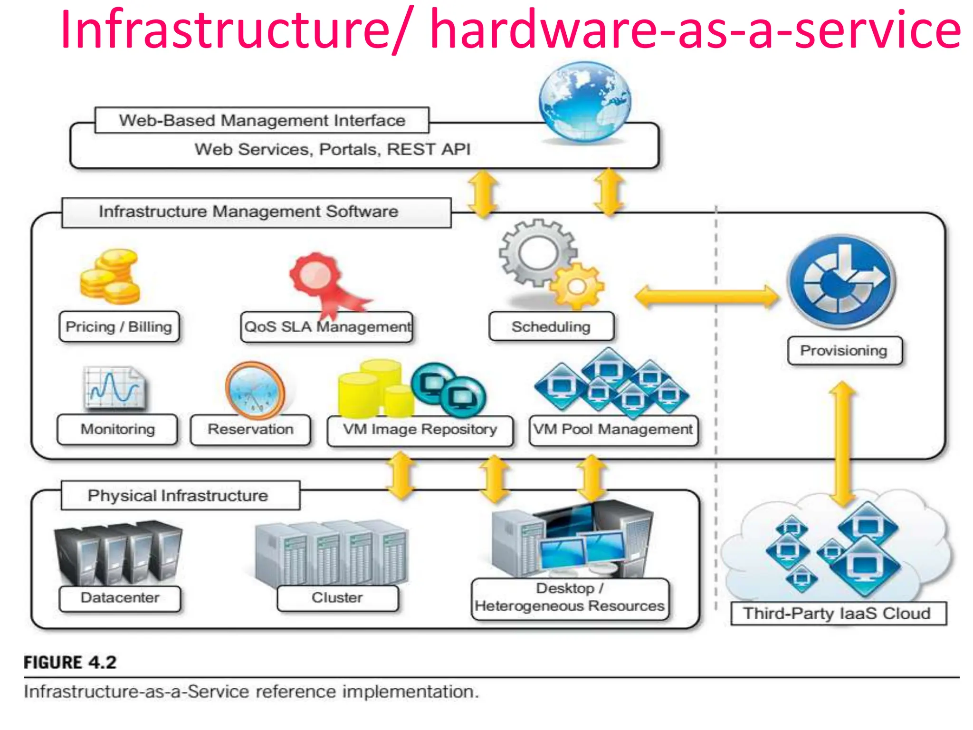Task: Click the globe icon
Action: (585, 102)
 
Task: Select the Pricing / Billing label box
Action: (119, 327)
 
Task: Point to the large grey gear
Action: (537, 252)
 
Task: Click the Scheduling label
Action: (551, 327)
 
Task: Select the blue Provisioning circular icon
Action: (841, 282)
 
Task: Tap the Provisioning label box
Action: (844, 351)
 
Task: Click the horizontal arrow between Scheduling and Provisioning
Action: (707, 297)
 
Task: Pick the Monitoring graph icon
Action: (114, 388)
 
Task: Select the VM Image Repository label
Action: (420, 430)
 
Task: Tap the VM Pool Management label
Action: (613, 430)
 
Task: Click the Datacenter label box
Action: (120, 598)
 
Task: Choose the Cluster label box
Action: (337, 598)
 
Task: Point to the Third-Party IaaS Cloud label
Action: (838, 614)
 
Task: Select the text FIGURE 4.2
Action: (70, 663)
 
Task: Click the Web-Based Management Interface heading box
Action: (262, 120)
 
